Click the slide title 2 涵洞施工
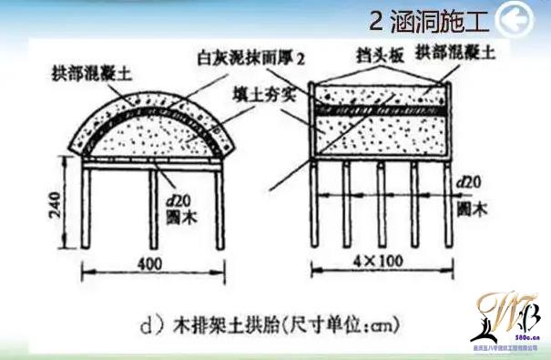[x=426, y=19]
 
